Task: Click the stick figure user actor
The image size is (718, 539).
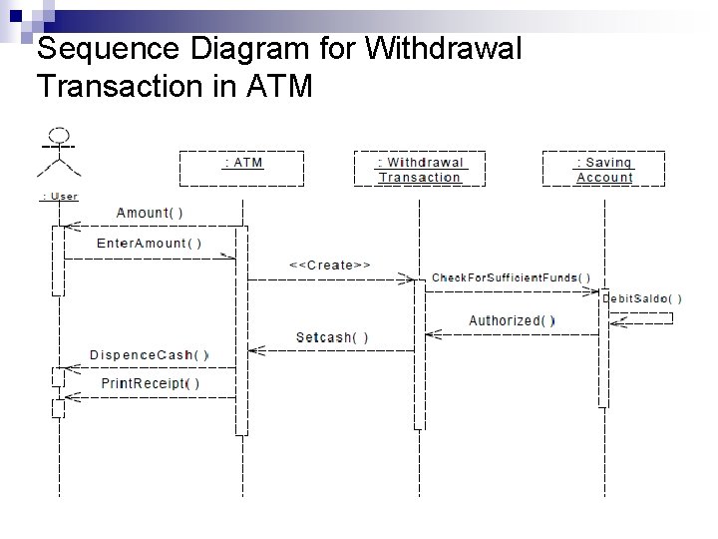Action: coord(59,154)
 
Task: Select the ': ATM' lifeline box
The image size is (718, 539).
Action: coord(240,168)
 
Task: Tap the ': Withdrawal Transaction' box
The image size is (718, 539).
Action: coord(420,169)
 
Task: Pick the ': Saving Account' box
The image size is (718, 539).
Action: coord(604,169)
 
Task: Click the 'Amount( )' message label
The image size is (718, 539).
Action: coord(150,213)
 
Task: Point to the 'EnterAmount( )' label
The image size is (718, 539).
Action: coord(149,243)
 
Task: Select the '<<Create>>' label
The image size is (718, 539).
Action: coord(330,265)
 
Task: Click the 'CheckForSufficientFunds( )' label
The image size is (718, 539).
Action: coord(511,277)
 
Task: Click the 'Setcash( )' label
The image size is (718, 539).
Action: coord(332,337)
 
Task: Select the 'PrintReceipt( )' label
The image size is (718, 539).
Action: coord(151,383)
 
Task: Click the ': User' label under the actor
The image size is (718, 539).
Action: coord(59,197)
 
